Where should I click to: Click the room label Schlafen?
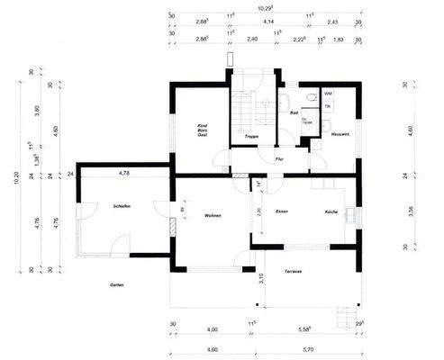tap(123, 207)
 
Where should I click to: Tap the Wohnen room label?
tap(213, 217)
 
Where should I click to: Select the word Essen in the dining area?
tap(282, 211)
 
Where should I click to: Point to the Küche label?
tap(331, 211)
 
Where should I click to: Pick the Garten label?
tap(116, 284)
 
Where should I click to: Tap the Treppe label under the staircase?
tap(252, 136)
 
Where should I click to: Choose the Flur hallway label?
tap(280, 157)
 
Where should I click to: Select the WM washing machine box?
tap(328, 94)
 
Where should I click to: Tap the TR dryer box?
tap(328, 107)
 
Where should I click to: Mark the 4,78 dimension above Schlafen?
tap(125, 171)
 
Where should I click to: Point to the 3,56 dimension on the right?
tap(410, 213)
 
